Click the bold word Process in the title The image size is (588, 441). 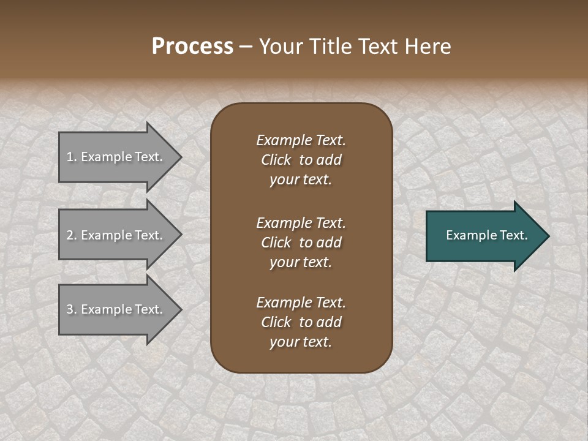point(192,47)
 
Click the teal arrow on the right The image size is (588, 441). point(484,236)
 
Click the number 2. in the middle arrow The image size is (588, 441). point(72,235)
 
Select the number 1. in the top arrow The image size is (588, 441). point(72,157)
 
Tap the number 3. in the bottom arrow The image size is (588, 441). point(72,309)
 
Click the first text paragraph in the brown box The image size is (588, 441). point(301,160)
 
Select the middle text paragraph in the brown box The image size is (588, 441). point(301,243)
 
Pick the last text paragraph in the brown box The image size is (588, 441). point(301,322)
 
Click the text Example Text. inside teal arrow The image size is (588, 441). point(486,235)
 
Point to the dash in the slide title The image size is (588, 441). point(246,47)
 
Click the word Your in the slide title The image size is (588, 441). point(281,47)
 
